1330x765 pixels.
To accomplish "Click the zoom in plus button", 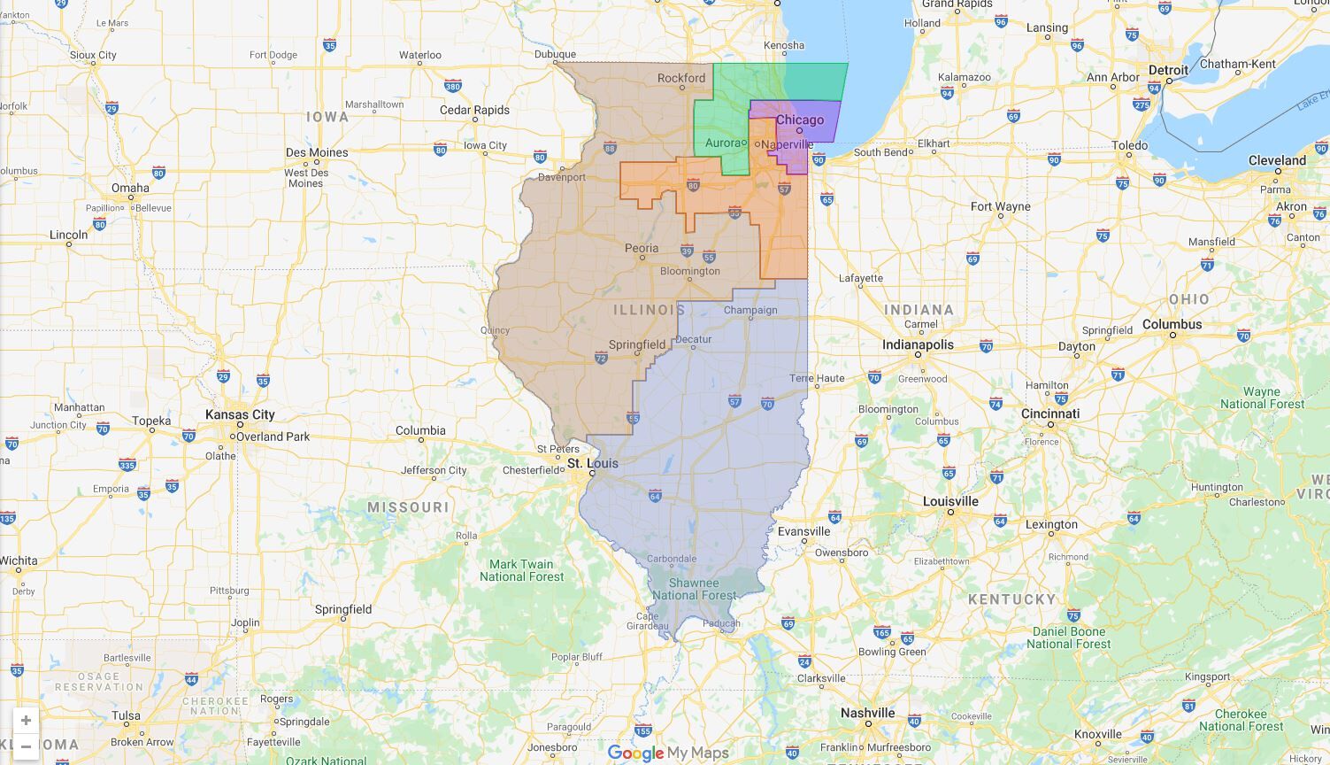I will pos(26,721).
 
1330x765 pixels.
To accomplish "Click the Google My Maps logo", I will pos(668,753).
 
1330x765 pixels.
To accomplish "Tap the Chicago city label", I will pos(800,120).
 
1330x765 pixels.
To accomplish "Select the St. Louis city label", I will pos(593,463).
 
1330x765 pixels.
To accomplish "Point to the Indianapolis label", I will pos(918,344).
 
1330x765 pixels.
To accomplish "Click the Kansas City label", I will pos(240,414).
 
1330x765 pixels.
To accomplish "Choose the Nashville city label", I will pos(867,713).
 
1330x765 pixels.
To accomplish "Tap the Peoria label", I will pos(642,248).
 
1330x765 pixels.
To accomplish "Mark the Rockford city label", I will pos(681,78).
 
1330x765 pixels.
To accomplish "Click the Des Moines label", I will pos(317,152).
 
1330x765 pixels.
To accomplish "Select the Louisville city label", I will pos(950,501).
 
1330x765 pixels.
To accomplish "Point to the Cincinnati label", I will pos(1049,413).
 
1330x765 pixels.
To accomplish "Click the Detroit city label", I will pos(1168,70).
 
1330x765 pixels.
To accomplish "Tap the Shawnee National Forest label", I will pos(694,589).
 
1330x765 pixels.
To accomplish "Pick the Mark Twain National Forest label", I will pos(521,570).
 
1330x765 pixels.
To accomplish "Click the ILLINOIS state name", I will pos(650,310).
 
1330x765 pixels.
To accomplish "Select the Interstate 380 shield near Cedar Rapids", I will pos(452,86).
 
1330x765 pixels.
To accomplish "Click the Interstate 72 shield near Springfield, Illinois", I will pos(601,358).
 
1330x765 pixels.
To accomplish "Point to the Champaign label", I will pos(750,310).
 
